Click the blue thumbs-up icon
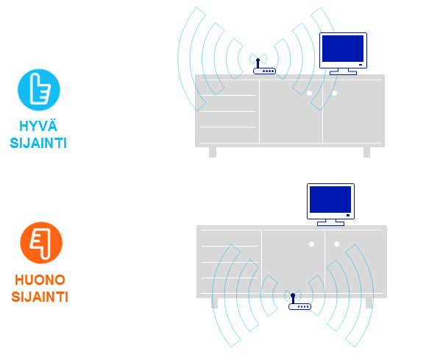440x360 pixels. (x=39, y=90)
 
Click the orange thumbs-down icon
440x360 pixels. (x=41, y=243)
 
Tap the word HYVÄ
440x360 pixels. (x=38, y=126)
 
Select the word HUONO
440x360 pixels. (x=40, y=280)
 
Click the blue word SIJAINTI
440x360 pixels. (x=38, y=144)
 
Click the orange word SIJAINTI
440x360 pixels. (x=40, y=297)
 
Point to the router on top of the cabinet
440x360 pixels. (x=264, y=68)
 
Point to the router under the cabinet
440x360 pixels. (x=299, y=303)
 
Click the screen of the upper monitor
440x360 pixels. (x=343, y=49)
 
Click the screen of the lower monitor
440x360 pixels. (x=330, y=200)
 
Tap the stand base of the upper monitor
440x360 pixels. (x=343, y=73)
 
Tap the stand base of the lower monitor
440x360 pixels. (x=330, y=224)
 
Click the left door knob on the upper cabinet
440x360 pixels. (x=310, y=93)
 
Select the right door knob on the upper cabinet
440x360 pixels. (x=334, y=93)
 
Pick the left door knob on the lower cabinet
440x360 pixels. (x=311, y=244)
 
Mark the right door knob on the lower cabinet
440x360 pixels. (x=336, y=244)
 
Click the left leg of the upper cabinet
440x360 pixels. (x=213, y=152)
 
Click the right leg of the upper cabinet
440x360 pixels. (x=366, y=152)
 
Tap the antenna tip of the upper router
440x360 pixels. (x=258, y=60)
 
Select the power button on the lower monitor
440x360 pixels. (x=348, y=216)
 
